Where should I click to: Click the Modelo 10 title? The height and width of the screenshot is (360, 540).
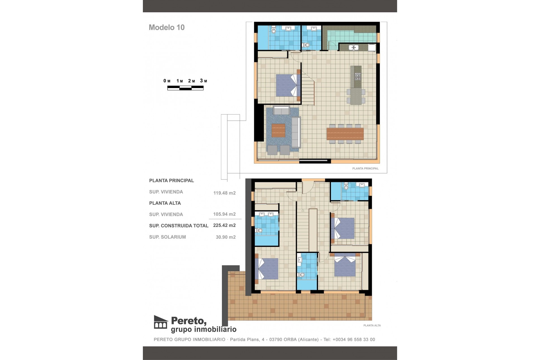tap(166, 27)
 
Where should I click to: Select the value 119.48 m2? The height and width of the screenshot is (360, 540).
tap(224, 193)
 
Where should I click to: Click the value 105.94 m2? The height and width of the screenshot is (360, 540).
tap(224, 214)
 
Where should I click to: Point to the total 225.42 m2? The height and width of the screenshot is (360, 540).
tap(224, 225)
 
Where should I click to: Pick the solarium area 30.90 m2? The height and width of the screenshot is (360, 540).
tap(226, 237)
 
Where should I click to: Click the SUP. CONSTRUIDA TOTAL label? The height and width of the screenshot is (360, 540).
tap(179, 226)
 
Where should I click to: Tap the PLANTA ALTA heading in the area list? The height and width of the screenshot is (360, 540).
tap(165, 203)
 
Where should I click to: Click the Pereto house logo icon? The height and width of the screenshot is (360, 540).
tap(161, 322)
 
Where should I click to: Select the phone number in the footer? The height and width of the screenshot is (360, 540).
tap(354, 339)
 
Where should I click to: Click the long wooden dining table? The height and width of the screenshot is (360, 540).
tap(345, 134)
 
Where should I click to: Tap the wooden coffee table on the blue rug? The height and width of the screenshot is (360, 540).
tap(278, 130)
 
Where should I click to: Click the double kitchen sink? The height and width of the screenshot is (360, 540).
tap(353, 48)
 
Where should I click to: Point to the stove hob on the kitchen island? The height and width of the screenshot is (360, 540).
tap(357, 76)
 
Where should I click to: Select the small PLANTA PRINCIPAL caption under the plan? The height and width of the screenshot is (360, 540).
tap(365, 168)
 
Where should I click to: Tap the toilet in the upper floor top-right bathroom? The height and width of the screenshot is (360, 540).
tap(346, 187)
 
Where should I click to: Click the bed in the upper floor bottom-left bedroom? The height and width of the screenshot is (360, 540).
tap(267, 269)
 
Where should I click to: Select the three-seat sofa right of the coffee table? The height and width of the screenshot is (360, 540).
tap(296, 132)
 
